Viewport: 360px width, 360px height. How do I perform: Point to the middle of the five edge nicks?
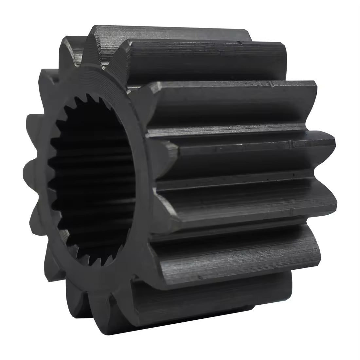click(290, 143)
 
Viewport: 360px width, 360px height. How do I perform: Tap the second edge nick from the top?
click(271, 85)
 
